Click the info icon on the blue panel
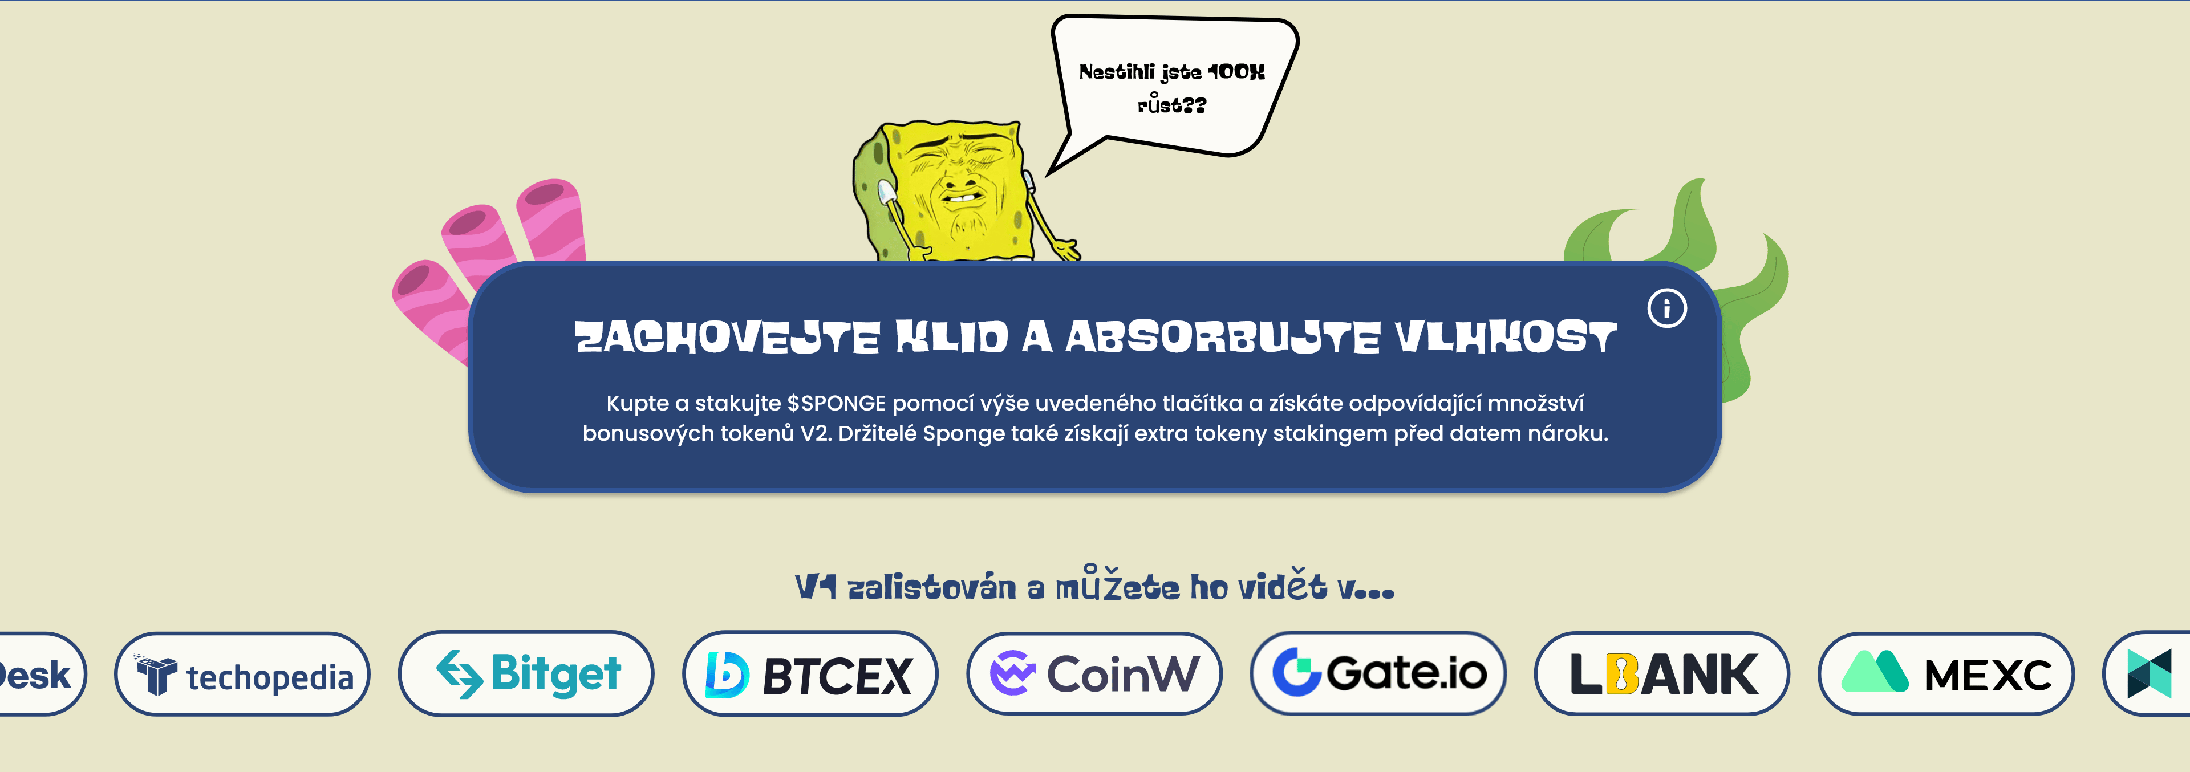1666,308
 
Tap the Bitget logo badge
526,673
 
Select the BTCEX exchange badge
810,673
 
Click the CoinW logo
1094,673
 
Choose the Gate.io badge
1378,673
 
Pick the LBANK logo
1662,673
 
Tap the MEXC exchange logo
1946,673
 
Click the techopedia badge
242,673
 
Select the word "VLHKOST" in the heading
1506,338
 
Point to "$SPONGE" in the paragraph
837,403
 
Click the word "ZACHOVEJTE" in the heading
727,338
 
